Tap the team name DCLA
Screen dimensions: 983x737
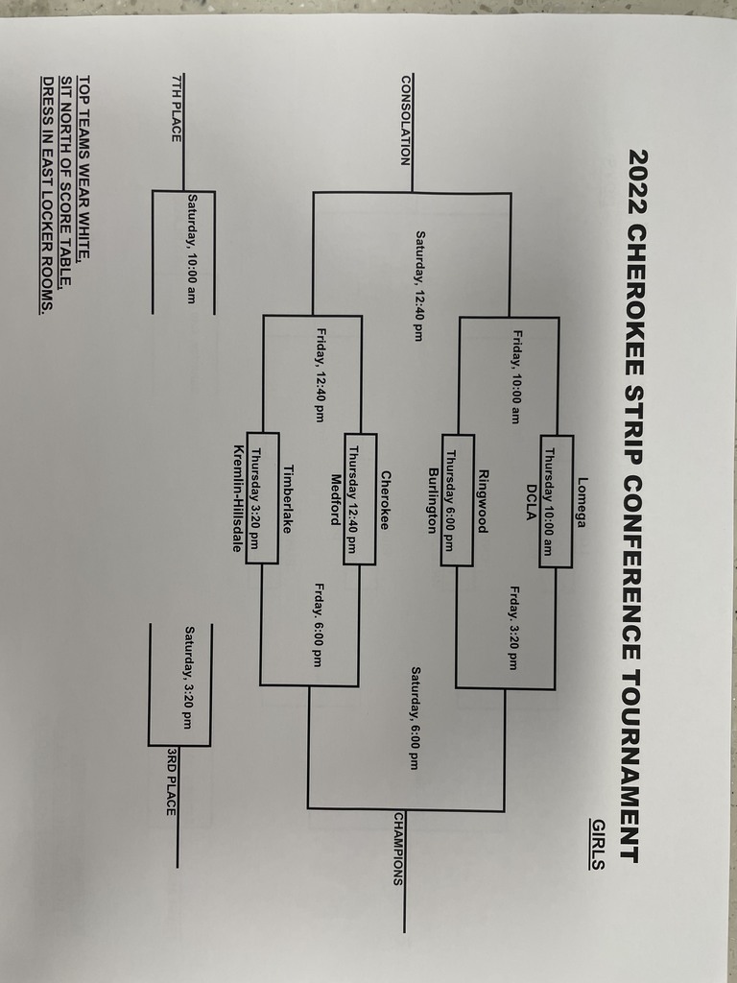pyautogui.click(x=531, y=500)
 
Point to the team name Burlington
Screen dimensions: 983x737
pyautogui.click(x=433, y=499)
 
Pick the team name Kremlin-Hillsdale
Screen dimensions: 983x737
pyautogui.click(x=237, y=499)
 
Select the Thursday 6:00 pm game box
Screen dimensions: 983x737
pyautogui.click(x=457, y=499)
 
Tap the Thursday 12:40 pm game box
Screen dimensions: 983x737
pyautogui.click(x=359, y=499)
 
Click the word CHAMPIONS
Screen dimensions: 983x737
pyautogui.click(x=399, y=848)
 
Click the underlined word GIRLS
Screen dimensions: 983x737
pyautogui.click(x=597, y=844)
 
